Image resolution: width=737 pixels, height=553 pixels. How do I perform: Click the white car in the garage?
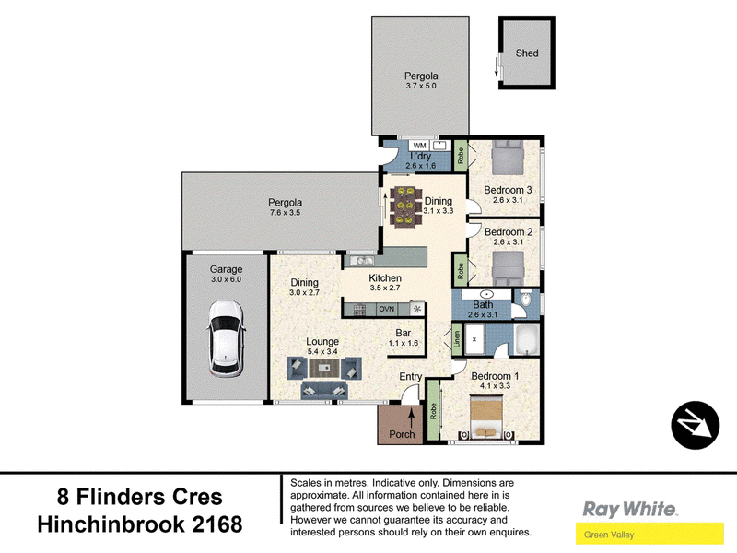tap(226, 338)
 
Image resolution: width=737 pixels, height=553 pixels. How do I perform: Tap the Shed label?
tap(527, 53)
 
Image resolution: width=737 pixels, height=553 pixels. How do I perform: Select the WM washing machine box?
tap(419, 146)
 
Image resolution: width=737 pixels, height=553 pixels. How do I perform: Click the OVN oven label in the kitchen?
tap(386, 309)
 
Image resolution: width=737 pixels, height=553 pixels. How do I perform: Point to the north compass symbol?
tap(696, 425)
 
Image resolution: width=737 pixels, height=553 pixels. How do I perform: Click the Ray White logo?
tap(629, 510)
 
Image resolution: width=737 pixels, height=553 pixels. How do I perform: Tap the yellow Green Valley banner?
tap(649, 535)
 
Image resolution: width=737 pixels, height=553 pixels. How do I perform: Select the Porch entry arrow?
tap(412, 418)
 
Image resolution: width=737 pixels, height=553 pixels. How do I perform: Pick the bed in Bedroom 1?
tap(487, 417)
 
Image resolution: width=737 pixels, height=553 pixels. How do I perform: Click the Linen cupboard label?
tap(457, 339)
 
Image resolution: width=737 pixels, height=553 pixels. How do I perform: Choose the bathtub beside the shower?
tap(527, 339)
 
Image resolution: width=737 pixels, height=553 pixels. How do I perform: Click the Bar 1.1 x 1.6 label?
tap(404, 337)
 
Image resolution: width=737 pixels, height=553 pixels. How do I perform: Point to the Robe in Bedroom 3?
tap(461, 156)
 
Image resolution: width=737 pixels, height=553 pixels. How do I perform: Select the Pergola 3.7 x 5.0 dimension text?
tap(421, 86)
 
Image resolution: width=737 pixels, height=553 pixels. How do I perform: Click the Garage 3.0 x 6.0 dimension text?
tap(226, 279)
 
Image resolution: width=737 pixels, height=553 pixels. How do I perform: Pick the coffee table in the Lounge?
tap(323, 368)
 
